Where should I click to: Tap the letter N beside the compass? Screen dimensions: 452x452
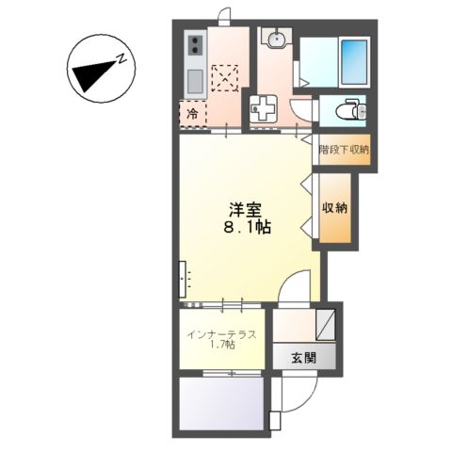coord(123,58)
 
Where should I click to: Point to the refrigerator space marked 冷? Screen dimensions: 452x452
coord(193,115)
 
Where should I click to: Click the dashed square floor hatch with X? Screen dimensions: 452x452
coord(226,75)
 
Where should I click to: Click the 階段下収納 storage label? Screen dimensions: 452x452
coord(344,149)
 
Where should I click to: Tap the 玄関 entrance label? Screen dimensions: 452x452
coord(302,357)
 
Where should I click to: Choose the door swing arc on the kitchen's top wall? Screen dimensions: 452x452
coord(225,14)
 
